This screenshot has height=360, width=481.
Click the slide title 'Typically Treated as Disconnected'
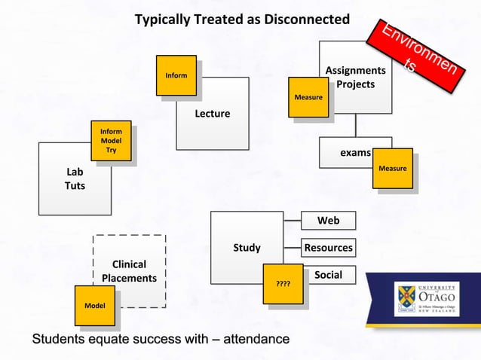pos(242,19)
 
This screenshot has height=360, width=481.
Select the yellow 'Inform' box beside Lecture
pos(176,75)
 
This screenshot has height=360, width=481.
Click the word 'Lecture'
pos(212,114)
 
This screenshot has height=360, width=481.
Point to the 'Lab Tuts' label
pos(75,178)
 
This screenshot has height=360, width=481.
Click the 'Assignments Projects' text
pos(355,78)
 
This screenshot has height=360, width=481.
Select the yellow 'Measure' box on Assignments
pos(308,97)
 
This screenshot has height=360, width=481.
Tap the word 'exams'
pos(355,152)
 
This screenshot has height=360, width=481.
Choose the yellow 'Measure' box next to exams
pos(393,168)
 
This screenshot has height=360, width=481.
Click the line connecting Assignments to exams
pos(356,125)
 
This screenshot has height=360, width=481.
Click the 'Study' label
pos(247,247)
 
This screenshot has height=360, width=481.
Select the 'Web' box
pos(328,221)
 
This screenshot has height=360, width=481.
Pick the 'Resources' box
pos(328,247)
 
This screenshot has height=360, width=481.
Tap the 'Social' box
pos(328,275)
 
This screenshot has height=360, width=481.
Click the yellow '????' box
pos(283,285)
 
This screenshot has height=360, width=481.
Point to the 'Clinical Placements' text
pos(129,271)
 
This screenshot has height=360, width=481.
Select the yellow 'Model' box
pos(94,305)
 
